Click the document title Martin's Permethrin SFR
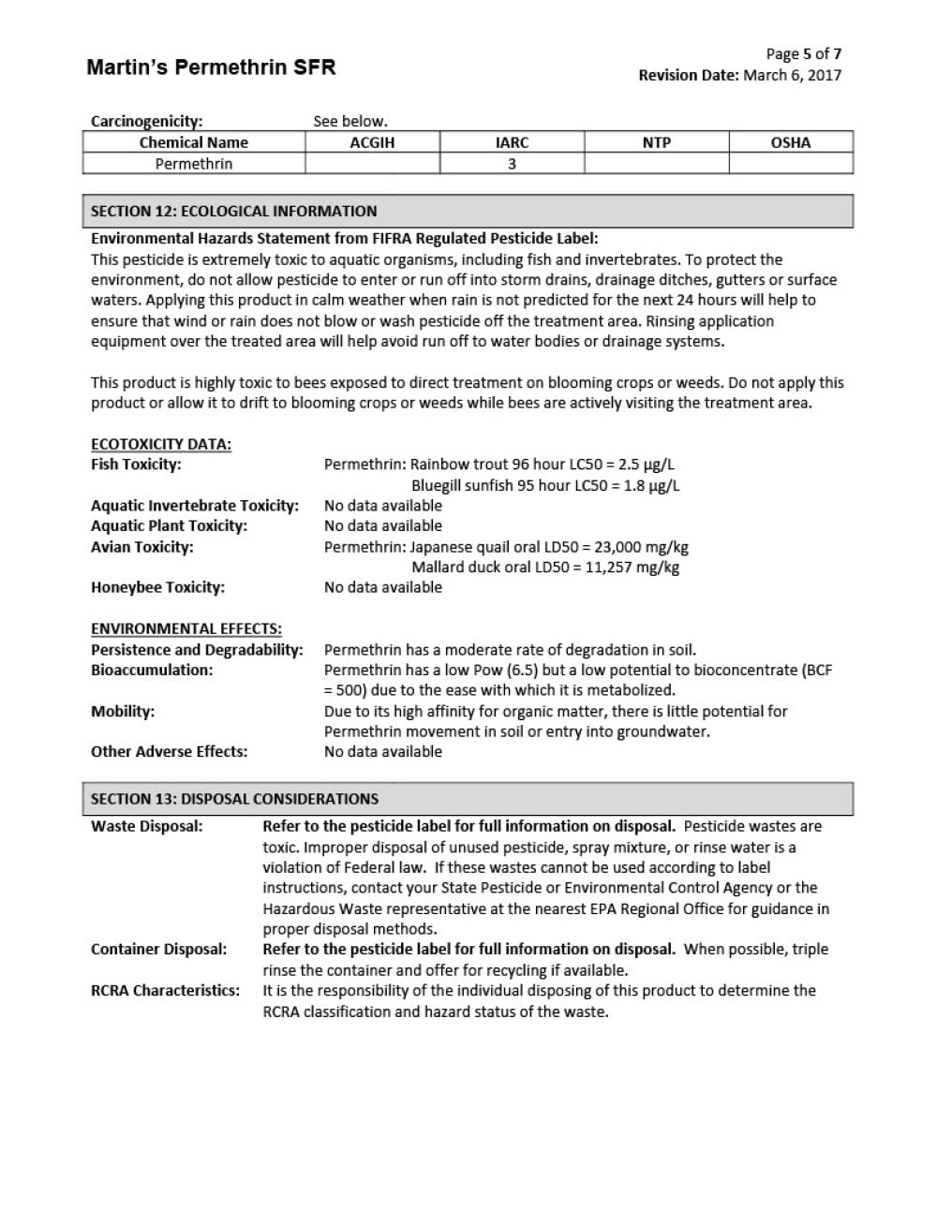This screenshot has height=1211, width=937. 211,67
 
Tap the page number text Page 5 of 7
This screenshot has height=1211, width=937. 803,53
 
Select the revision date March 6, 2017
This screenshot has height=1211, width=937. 792,75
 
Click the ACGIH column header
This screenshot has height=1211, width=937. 372,142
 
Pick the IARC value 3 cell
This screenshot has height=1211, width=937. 512,164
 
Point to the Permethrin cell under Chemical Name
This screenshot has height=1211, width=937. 194,164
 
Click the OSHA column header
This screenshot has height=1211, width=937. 790,142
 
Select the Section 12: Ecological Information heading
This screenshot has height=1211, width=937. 233,211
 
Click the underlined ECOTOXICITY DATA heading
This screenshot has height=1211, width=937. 161,444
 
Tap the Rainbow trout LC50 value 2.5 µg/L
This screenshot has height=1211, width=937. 646,465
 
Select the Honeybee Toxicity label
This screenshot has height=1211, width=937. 157,587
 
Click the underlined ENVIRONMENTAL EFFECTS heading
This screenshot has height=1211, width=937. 186,628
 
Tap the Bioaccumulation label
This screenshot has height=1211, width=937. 152,670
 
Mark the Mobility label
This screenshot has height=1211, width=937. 123,711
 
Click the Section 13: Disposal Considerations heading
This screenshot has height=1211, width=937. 234,799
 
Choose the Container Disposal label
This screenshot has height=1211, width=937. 158,949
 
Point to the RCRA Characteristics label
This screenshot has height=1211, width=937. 165,990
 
